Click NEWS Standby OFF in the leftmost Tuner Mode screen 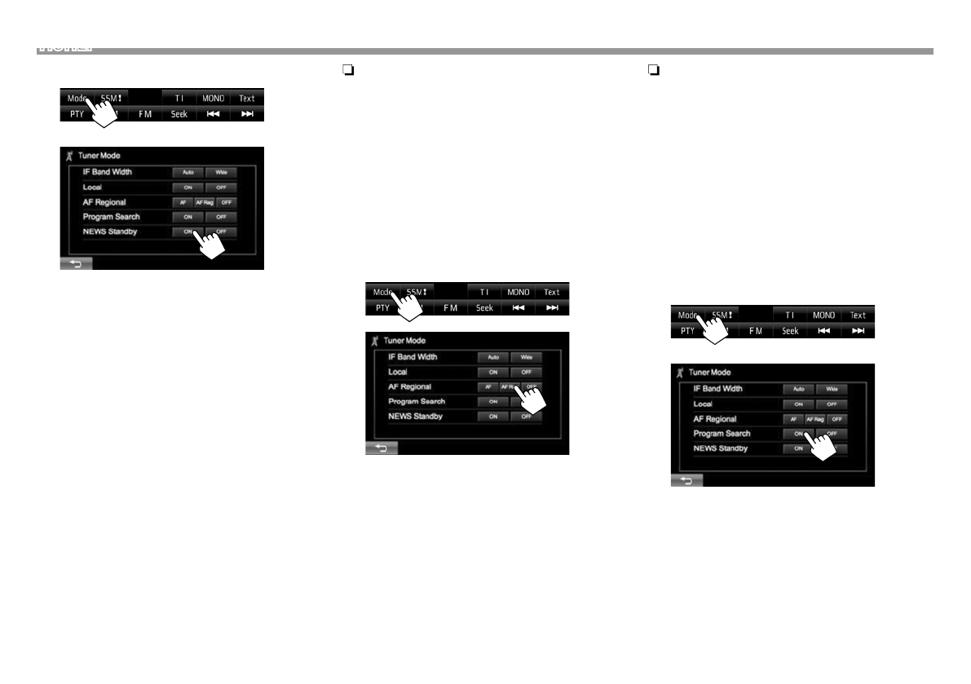tap(221, 232)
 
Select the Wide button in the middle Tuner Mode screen tap(527, 357)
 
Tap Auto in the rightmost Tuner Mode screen tap(799, 390)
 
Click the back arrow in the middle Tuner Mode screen tap(381, 448)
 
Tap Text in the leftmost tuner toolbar tap(246, 99)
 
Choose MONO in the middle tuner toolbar tap(518, 293)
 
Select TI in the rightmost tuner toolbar tap(789, 316)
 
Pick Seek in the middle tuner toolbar tap(484, 308)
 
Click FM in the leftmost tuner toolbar tap(145, 114)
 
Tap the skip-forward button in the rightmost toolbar tap(858, 331)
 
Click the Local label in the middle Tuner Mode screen tap(399, 372)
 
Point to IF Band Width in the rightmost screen tap(717, 389)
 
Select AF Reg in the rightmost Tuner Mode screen tap(815, 419)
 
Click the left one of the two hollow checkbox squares tap(346, 71)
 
